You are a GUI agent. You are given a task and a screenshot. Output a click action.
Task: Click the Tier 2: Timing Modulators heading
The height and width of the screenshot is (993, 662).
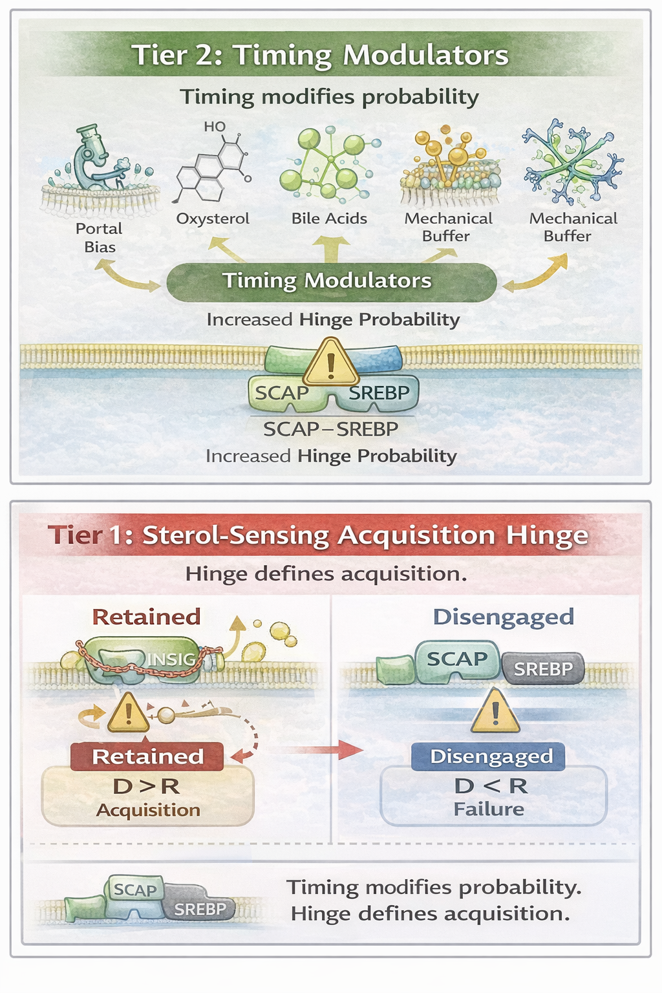coord(320,55)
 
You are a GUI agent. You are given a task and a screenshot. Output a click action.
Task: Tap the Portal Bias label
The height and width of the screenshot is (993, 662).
coord(99,237)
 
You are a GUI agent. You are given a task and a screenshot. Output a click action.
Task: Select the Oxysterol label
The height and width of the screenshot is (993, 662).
coord(213,219)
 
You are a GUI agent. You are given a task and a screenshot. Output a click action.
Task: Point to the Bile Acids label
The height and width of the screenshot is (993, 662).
coord(329,219)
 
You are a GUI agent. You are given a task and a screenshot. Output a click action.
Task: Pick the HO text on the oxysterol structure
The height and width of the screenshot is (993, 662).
coord(215,127)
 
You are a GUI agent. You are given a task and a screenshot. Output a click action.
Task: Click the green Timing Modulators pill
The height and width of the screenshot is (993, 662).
coord(331,281)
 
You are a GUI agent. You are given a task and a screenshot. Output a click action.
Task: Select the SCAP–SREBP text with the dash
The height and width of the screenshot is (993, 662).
coord(330,429)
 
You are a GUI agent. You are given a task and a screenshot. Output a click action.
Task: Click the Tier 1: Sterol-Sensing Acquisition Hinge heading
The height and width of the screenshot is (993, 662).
coord(318,535)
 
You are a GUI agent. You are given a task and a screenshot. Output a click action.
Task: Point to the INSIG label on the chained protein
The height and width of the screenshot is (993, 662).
coord(171,659)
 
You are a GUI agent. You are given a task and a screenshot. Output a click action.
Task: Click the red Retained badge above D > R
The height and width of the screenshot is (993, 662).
coord(147,756)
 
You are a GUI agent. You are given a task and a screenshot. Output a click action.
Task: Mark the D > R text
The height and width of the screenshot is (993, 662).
coord(146,786)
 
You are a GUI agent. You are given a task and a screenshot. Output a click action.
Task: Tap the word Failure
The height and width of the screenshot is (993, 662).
coord(489,809)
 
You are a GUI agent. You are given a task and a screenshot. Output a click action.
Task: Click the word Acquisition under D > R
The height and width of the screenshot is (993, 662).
coord(148,810)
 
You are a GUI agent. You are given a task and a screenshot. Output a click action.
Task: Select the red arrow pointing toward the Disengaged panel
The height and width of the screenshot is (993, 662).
coord(323,750)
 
